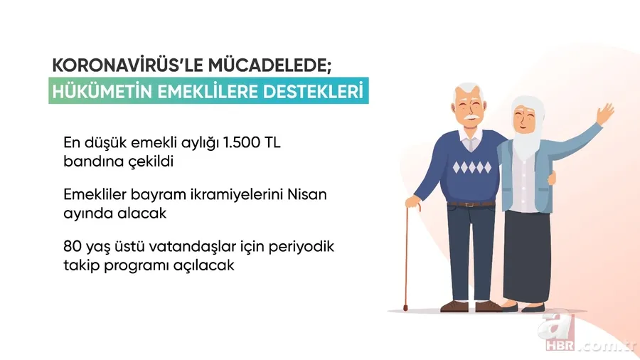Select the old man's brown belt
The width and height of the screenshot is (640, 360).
click(471, 204)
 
